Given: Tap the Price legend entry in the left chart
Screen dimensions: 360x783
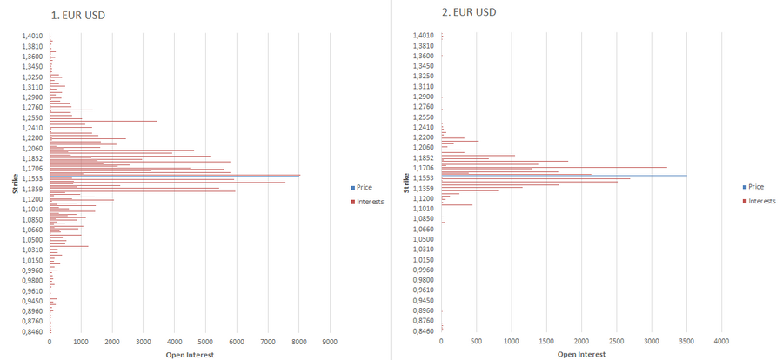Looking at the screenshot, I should [365, 187].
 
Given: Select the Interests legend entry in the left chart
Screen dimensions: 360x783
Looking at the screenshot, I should [370, 202].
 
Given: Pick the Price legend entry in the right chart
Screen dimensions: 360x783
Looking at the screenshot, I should [755, 187].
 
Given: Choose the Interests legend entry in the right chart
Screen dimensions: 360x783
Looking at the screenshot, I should [760, 201].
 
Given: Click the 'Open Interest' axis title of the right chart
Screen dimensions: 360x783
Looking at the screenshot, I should [582, 354].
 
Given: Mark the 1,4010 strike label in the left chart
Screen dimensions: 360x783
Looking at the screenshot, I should [33, 36].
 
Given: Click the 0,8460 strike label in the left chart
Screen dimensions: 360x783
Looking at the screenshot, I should [33, 331].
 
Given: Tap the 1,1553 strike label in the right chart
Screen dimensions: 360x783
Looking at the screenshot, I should [425, 178].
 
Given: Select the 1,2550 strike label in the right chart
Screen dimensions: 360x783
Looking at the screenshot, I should [425, 117].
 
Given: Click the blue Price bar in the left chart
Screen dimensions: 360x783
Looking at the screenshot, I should [174, 176].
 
